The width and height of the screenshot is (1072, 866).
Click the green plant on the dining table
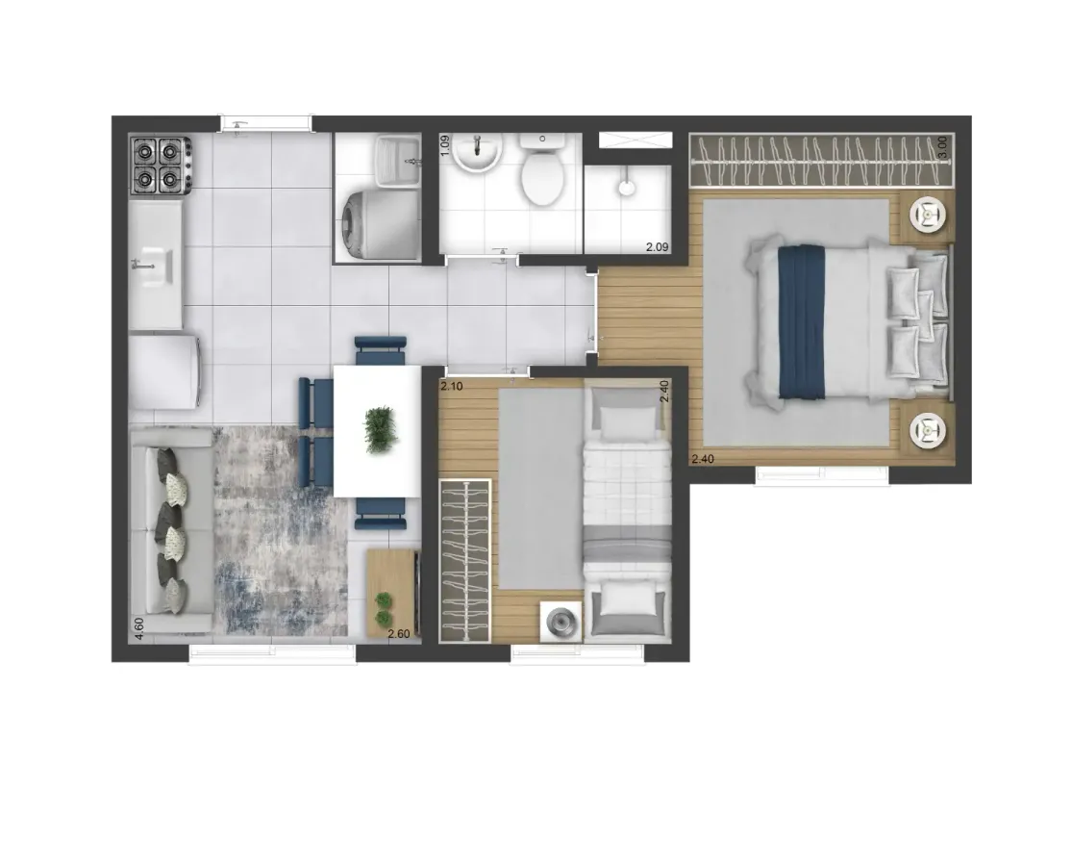click(381, 429)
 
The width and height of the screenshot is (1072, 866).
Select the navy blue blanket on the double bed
click(802, 321)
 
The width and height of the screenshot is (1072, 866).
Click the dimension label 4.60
click(138, 628)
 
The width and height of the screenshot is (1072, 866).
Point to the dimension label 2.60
click(399, 634)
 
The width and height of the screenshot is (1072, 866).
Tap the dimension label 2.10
click(451, 386)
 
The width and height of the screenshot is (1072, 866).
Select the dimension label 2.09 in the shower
click(657, 247)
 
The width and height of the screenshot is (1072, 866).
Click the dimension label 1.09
click(445, 145)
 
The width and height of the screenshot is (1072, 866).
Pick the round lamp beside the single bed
click(561, 622)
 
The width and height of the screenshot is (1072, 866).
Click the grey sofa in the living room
click(171, 530)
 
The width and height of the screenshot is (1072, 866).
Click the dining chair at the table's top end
click(380, 350)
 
